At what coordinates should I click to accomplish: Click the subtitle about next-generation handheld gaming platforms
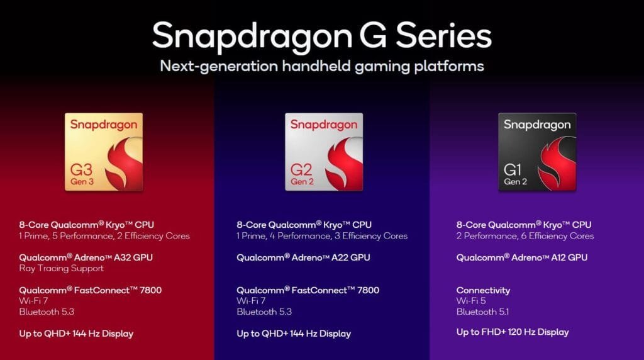click(321, 65)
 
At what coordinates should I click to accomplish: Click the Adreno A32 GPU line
click(86, 257)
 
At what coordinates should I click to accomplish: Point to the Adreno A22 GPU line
click(303, 257)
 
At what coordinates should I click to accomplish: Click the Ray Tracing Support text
click(61, 269)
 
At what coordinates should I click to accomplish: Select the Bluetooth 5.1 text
click(482, 312)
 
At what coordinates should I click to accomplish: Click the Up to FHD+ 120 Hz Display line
click(513, 332)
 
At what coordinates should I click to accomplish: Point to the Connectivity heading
click(483, 290)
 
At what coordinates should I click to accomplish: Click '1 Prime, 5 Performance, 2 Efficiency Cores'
click(104, 236)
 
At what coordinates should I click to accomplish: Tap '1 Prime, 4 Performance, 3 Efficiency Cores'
click(322, 236)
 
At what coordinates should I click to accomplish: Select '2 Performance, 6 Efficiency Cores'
click(525, 236)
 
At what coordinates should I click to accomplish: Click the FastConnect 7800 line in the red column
click(90, 290)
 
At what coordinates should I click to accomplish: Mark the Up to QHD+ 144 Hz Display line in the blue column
click(294, 334)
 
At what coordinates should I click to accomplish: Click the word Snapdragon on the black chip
click(537, 125)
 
